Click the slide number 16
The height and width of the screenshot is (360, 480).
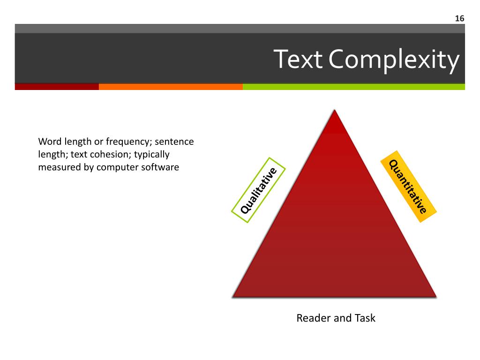(459, 18)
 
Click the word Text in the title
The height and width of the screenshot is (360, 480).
(298, 60)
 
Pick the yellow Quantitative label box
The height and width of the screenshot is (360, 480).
(408, 186)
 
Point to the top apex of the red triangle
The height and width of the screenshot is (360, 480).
(334, 112)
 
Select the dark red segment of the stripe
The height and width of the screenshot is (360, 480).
(57, 87)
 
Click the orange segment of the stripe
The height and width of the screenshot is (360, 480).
(171, 87)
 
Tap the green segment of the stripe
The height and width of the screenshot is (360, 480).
(354, 87)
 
